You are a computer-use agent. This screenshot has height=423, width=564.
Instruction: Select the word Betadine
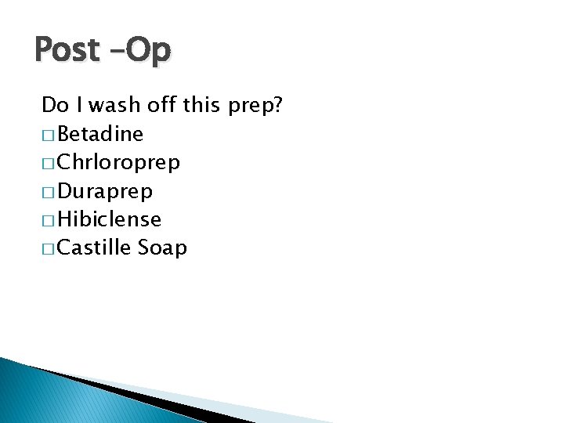pyautogui.click(x=100, y=135)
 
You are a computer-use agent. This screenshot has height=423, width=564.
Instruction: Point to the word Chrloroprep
pyautogui.click(x=118, y=163)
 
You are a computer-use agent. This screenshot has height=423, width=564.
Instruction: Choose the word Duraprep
pyautogui.click(x=105, y=191)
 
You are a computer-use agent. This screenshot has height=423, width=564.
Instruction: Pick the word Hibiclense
pyautogui.click(x=109, y=219)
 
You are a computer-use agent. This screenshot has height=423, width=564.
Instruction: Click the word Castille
pyautogui.click(x=94, y=248)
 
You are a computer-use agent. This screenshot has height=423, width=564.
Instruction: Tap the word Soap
pyautogui.click(x=162, y=248)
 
